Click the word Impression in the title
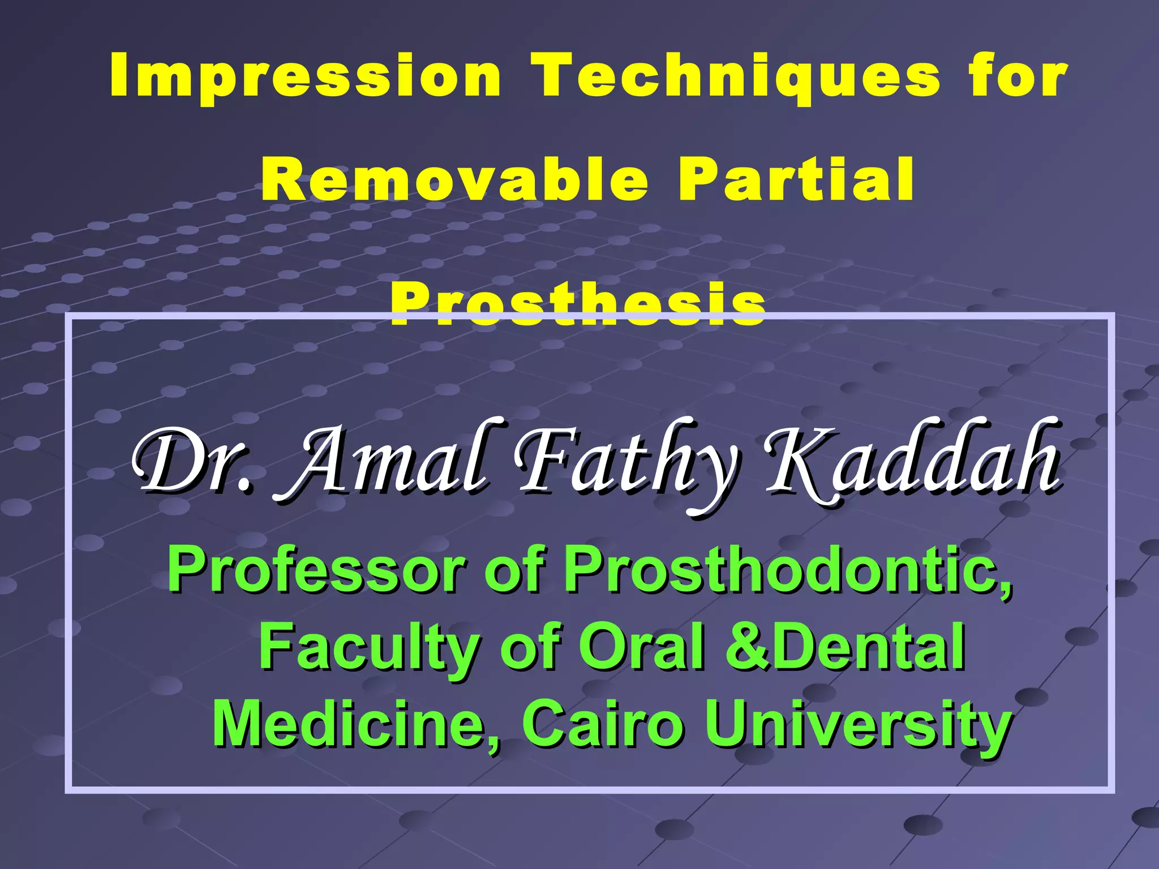[306, 76]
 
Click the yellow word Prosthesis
[578, 306]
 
